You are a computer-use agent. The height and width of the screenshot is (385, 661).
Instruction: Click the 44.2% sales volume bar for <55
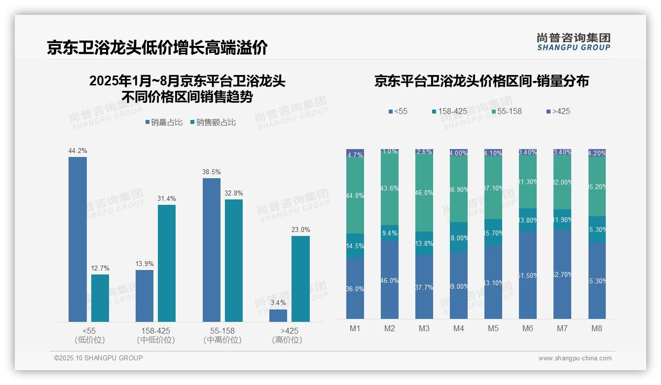click(77, 239)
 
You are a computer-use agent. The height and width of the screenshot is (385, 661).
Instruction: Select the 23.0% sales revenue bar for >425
click(300, 279)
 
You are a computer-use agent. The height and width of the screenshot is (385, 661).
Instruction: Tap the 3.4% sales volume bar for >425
click(278, 315)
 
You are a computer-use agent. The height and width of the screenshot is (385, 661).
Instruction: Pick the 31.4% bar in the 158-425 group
click(167, 263)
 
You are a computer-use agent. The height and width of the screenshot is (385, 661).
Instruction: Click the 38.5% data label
click(212, 172)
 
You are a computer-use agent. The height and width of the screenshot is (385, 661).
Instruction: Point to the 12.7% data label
click(100, 268)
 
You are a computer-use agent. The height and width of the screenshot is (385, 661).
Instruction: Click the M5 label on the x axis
click(493, 329)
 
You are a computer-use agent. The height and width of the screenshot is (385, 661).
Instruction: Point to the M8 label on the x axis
click(597, 329)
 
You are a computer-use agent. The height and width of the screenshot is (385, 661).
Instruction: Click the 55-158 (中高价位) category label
click(222, 335)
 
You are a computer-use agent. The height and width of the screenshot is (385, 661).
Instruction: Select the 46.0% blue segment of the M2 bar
click(390, 280)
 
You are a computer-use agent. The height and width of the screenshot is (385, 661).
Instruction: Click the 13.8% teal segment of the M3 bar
click(424, 243)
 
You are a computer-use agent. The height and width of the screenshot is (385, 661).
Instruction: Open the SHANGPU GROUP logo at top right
click(573, 42)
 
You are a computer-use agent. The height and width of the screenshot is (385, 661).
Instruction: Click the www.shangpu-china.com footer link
click(575, 358)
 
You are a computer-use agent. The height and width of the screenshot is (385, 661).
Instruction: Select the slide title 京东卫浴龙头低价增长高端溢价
click(157, 48)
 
